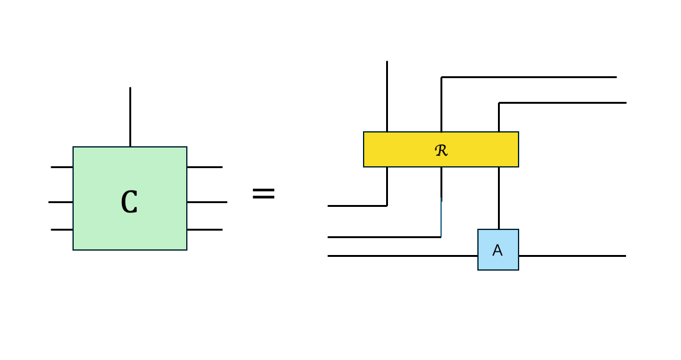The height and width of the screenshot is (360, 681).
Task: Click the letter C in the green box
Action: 129,202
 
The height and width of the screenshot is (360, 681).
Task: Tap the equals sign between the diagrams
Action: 263,194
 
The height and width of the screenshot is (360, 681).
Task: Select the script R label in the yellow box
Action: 441,150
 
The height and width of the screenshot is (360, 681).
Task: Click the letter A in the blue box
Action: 497,251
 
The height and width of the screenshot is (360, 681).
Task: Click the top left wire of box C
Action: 62,167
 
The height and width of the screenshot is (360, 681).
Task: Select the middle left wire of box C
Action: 61,202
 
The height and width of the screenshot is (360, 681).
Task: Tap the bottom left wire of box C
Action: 62,229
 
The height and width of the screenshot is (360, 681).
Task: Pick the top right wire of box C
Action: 204,167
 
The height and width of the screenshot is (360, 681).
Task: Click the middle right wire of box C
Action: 207,202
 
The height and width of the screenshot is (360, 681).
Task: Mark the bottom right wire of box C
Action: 204,229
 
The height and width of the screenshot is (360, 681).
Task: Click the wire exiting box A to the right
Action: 572,256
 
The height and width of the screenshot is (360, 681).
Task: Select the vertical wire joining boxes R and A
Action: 499,197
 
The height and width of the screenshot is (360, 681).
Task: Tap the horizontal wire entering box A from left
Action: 402,256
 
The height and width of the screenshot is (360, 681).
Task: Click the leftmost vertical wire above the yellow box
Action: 387,96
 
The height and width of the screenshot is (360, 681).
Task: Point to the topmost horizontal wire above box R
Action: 529,77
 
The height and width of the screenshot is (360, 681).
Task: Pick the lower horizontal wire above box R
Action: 562,102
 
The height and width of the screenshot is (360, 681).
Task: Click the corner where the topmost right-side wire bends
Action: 441,77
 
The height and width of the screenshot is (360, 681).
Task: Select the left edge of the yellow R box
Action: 364,149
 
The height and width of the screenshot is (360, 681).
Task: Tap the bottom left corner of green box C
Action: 74,249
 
